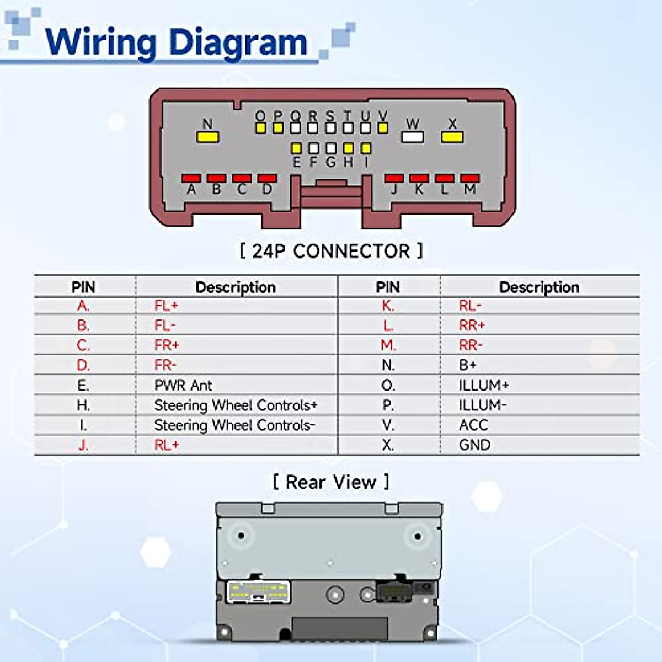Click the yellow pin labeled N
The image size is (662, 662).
point(207,136)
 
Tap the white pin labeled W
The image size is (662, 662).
point(412,136)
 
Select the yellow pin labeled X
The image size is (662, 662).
point(452,136)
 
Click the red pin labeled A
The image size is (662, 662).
point(191,178)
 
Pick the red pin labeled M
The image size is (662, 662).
point(469,178)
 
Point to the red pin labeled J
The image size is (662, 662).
point(394,178)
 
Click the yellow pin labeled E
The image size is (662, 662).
point(296,148)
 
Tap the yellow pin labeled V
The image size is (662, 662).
point(383,128)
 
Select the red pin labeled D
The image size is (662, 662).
point(267,178)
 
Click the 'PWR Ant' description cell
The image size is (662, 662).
point(183,385)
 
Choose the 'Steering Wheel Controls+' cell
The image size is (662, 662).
point(236,405)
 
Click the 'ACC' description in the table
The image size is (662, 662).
point(473,425)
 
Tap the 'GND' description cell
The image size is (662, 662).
point(474,445)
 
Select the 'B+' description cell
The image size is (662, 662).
point(468,365)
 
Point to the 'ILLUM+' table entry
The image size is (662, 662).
point(483,385)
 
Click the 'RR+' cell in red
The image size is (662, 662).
point(472,325)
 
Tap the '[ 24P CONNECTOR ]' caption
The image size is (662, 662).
point(331,252)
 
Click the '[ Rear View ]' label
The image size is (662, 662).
point(331,482)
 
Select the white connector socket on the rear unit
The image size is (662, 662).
point(259,592)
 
